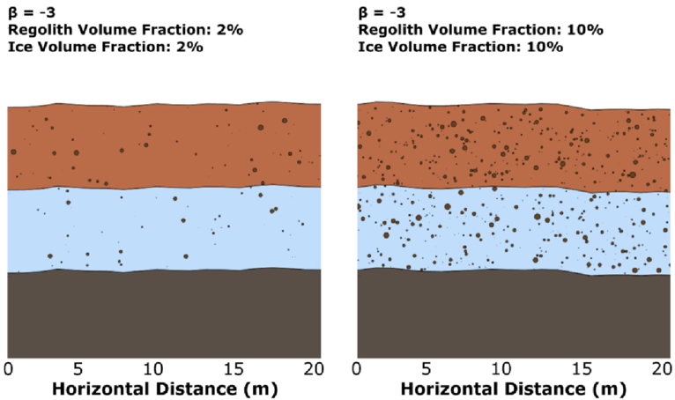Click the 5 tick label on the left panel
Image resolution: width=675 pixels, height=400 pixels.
[x=78, y=369]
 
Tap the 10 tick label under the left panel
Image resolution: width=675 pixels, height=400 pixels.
[x=153, y=369]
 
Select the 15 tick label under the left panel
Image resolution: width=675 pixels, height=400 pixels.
[x=234, y=369]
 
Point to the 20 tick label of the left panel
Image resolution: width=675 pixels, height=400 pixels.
[x=314, y=369]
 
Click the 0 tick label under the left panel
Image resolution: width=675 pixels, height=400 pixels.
[x=8, y=369]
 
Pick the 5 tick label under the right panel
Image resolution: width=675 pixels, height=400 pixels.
[x=427, y=369]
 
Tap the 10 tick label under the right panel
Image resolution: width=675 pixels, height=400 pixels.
[x=502, y=369]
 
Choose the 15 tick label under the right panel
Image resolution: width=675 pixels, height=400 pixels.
[x=582, y=369]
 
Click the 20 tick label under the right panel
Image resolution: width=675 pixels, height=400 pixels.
[x=663, y=369]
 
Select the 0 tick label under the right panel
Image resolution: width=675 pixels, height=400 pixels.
[x=356, y=369]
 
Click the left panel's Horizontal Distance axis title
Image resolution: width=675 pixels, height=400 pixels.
[x=165, y=389]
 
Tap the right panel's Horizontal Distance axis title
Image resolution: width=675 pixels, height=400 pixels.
[x=513, y=389]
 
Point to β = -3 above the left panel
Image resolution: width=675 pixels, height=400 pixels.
[x=32, y=13]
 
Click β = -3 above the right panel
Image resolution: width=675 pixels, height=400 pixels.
[x=382, y=13]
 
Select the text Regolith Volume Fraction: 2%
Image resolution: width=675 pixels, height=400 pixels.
[x=126, y=30]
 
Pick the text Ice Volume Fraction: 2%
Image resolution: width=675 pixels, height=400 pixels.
[x=106, y=47]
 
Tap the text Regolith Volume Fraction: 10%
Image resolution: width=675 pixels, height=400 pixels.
[x=481, y=30]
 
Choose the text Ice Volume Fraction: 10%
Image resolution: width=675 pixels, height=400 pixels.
[x=461, y=47]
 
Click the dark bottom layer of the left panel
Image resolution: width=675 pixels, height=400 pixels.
[x=164, y=315]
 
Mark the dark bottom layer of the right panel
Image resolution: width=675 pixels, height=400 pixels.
[x=514, y=315]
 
